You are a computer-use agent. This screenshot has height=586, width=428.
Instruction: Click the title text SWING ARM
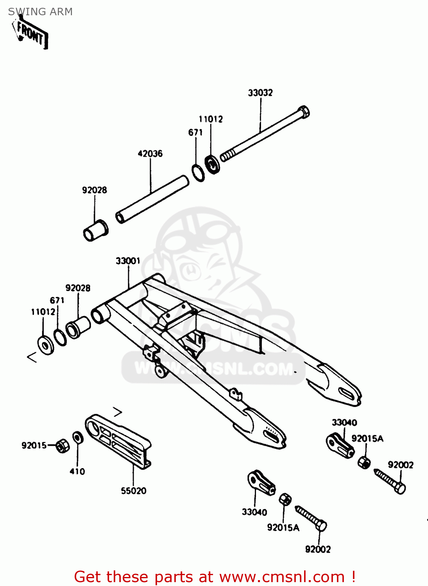point(40,12)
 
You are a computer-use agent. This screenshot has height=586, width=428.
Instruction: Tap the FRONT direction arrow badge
point(31,34)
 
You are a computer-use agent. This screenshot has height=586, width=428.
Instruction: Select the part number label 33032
point(260,93)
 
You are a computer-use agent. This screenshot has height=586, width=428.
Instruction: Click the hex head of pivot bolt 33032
point(303,112)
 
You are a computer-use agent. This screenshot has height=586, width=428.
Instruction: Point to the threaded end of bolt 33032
point(227,156)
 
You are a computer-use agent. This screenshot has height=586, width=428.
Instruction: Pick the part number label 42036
point(150,154)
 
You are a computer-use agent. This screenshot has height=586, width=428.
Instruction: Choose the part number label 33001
point(128,261)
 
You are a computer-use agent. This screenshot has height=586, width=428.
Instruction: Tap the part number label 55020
point(134,491)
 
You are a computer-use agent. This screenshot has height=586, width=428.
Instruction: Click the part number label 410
point(77,472)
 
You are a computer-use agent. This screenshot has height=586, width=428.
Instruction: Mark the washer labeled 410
point(78,438)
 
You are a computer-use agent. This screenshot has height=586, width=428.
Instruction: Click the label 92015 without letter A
point(34,445)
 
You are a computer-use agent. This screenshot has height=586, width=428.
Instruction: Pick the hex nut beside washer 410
point(62,445)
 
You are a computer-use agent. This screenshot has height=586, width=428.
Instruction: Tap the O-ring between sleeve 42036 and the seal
point(198,173)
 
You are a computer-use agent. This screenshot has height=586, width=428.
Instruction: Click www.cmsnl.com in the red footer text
point(282,577)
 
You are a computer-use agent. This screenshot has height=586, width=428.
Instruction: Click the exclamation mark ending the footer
point(353,577)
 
